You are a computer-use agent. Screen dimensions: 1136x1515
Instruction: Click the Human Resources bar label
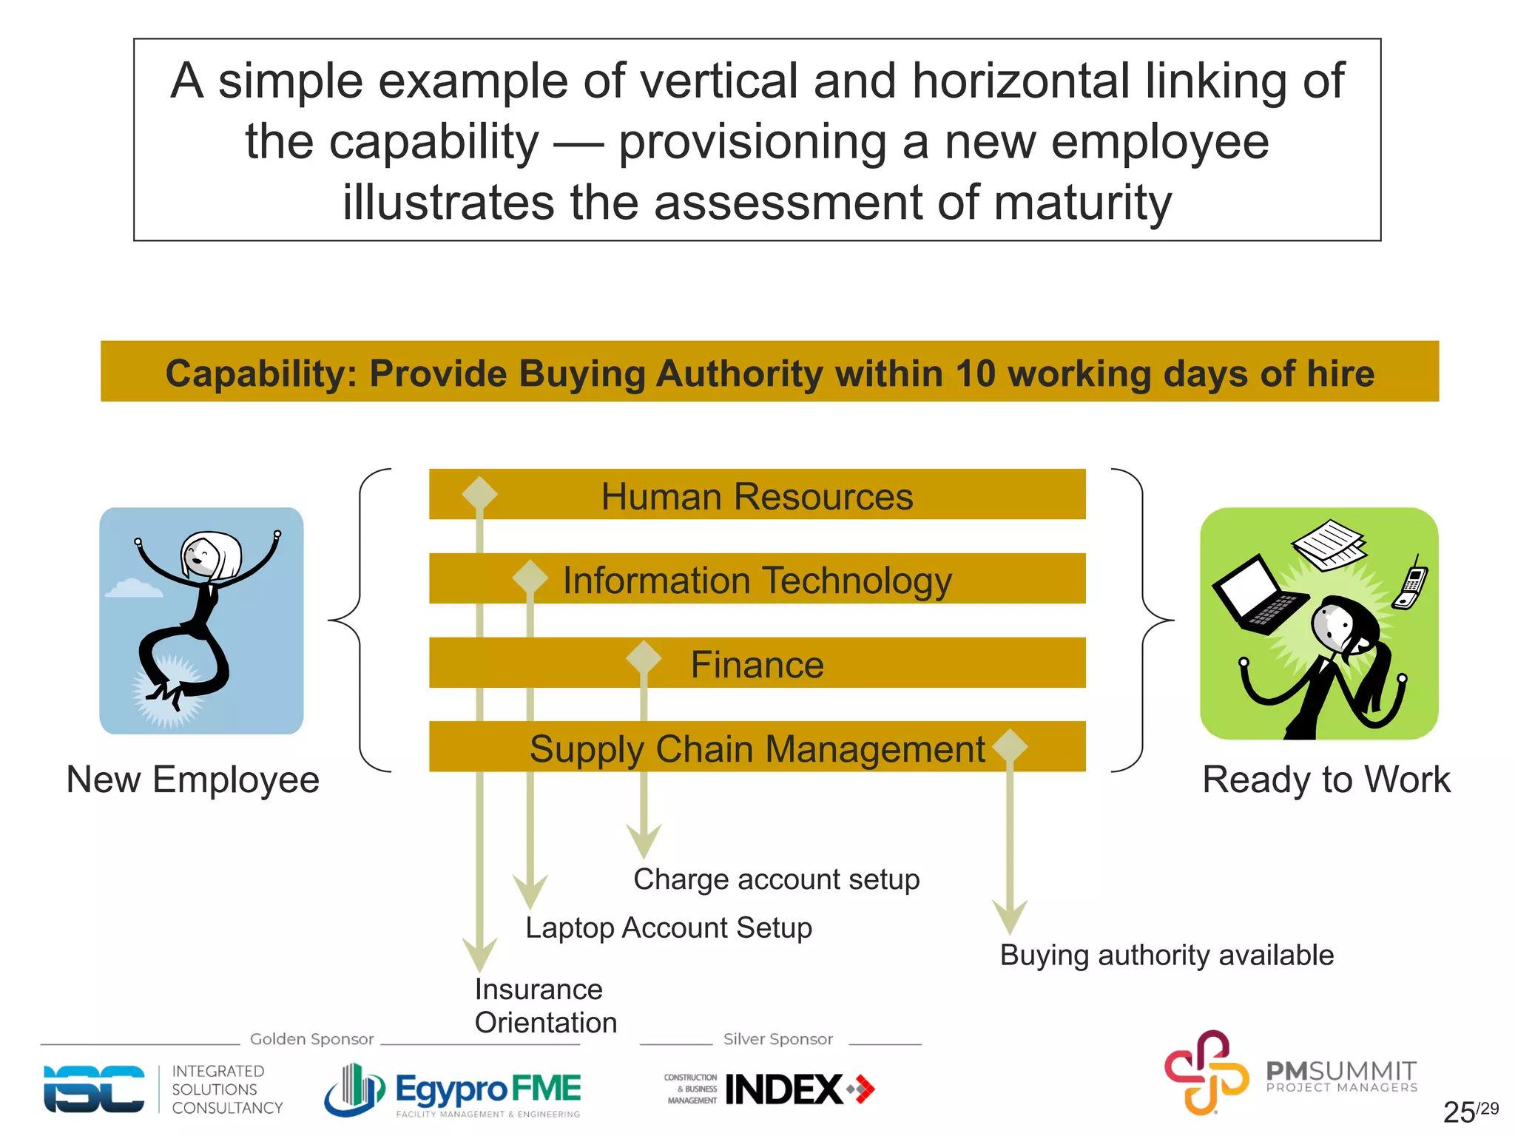click(x=757, y=496)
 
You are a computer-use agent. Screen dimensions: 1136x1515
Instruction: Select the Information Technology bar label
click(x=757, y=581)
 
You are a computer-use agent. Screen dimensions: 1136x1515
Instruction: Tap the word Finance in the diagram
click(x=757, y=664)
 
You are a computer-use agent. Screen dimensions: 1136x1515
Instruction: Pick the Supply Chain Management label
click(x=757, y=748)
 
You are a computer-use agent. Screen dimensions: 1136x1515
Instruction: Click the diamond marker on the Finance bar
click(x=644, y=657)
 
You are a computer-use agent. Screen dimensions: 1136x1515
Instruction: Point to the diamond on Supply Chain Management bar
click(x=1010, y=746)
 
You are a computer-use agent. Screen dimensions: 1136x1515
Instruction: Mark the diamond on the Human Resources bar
click(x=479, y=494)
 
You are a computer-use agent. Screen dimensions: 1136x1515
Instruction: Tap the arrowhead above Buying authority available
click(x=1010, y=917)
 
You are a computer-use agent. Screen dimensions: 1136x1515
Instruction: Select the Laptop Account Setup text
click(x=669, y=927)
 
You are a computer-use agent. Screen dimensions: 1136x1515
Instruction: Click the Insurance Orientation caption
click(x=545, y=1006)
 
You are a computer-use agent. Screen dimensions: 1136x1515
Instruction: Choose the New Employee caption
click(x=193, y=780)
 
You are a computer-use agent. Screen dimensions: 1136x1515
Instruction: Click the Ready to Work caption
click(x=1326, y=780)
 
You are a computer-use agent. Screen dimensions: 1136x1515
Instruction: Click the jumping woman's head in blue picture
click(x=210, y=555)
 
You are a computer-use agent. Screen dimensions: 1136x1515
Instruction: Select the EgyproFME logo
click(x=453, y=1089)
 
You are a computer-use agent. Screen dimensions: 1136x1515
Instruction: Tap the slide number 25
click(x=1459, y=1112)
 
